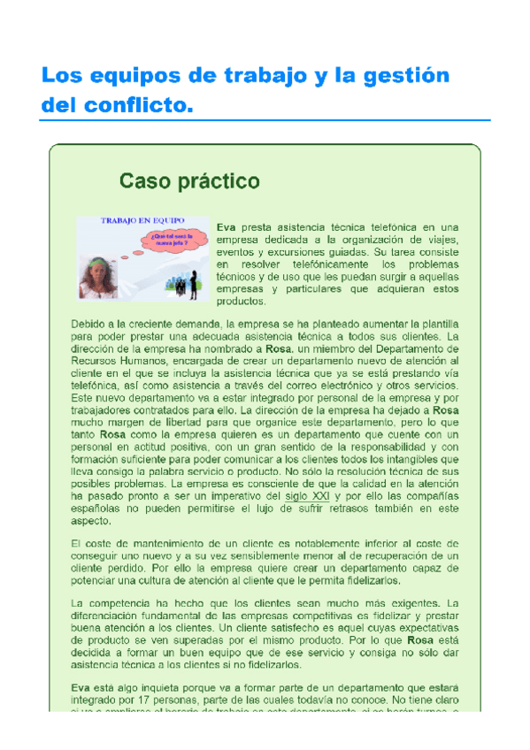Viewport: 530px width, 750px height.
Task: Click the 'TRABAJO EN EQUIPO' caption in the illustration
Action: click(x=136, y=222)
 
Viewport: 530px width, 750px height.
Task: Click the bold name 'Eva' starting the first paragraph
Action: click(x=226, y=227)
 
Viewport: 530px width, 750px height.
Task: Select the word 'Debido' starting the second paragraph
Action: click(x=88, y=324)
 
